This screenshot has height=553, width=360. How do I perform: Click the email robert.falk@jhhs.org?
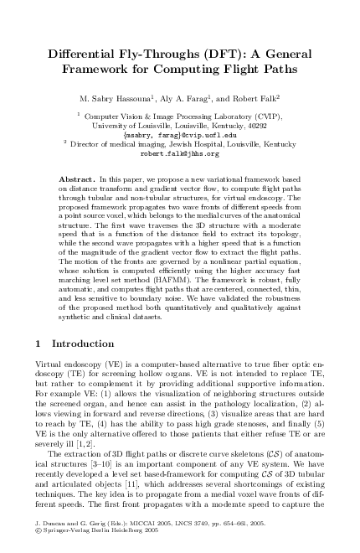coord(180,153)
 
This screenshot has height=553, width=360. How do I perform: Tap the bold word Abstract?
coord(78,180)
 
